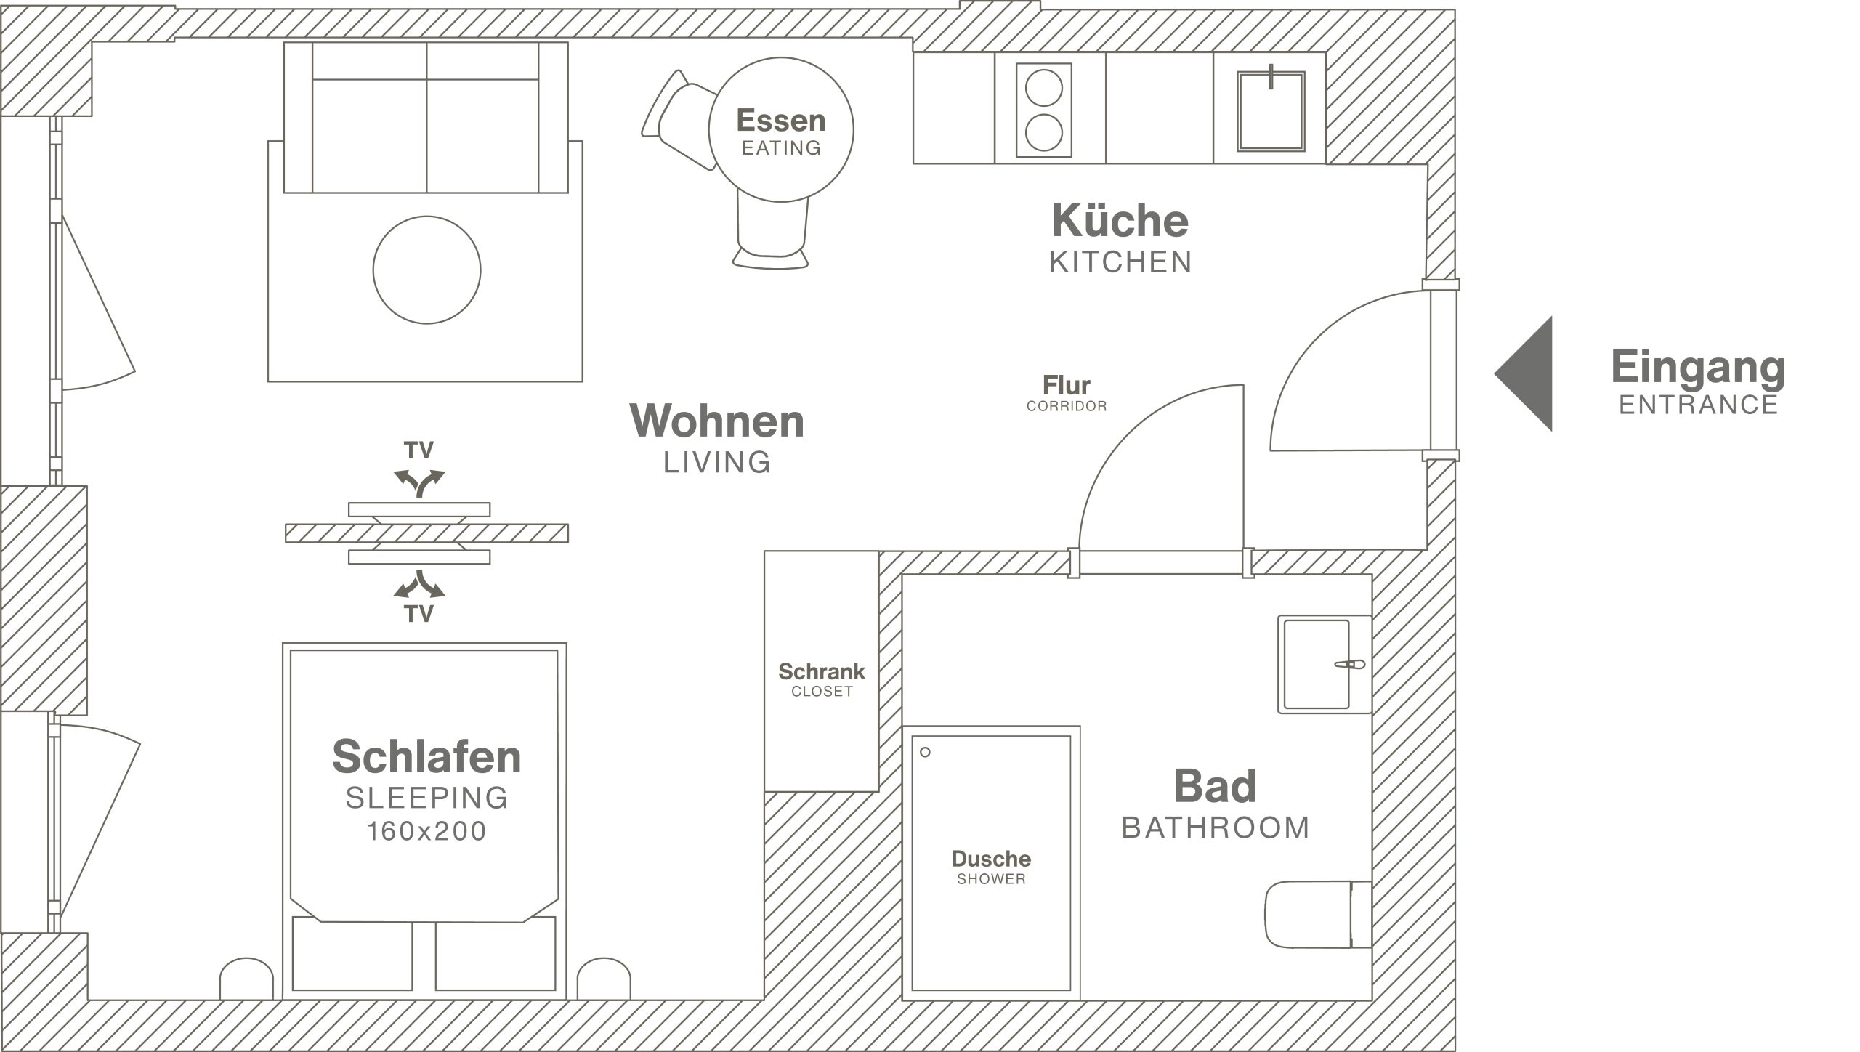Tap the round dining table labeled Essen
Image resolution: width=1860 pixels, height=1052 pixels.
point(781,130)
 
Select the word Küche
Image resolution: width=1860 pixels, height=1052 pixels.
point(1120,219)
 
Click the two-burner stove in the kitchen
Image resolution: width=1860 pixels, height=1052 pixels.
point(1044,110)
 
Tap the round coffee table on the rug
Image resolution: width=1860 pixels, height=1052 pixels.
point(426,270)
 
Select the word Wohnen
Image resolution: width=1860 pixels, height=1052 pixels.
point(717,421)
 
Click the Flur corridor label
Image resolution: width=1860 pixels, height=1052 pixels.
point(1067,393)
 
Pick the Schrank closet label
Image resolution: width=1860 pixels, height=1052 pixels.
point(822,679)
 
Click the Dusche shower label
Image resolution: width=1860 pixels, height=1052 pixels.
point(991,867)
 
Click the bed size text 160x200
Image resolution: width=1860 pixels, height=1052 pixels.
point(426,831)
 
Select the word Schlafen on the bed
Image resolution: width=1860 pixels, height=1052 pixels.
point(426,756)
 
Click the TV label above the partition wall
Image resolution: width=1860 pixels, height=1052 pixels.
point(419,450)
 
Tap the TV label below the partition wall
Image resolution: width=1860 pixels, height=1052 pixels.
point(419,614)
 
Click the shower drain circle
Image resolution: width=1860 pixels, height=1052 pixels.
point(925,752)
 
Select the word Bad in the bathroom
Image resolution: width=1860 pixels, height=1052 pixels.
point(1215,786)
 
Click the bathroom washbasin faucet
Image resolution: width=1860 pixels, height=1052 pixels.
point(1351,664)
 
